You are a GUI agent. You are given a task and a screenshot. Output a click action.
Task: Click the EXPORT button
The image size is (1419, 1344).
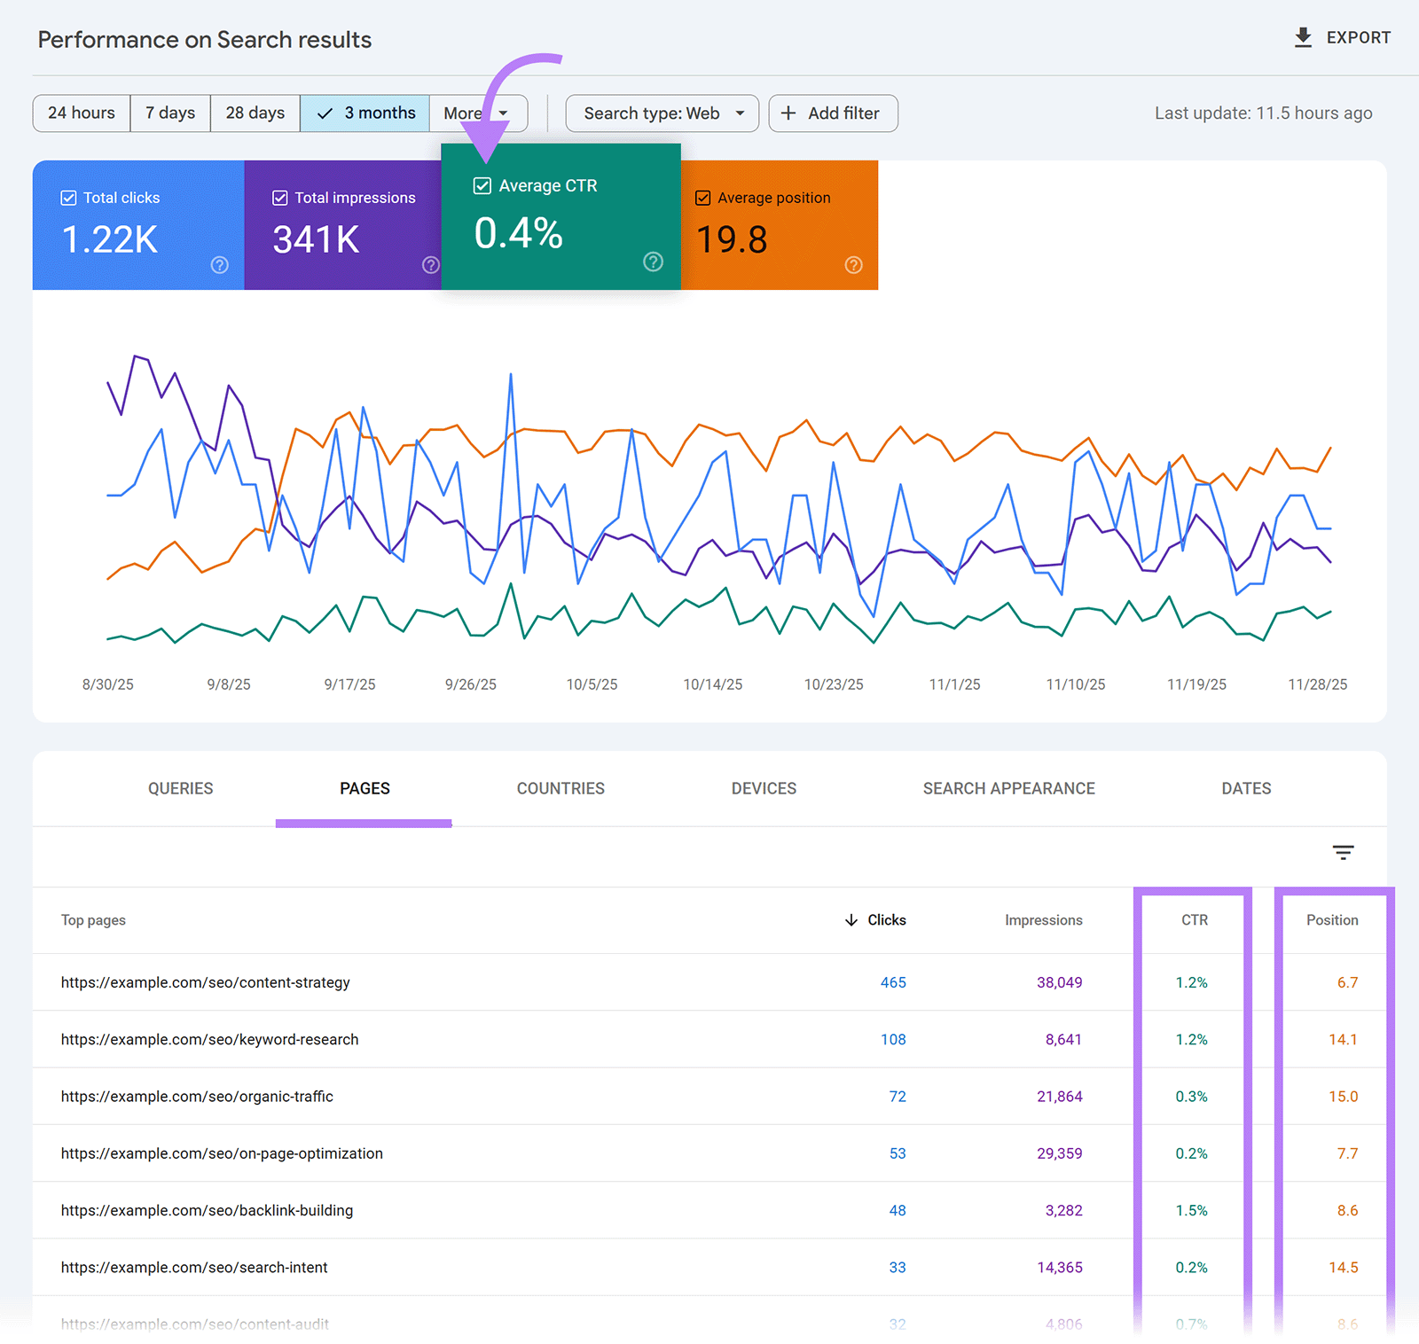(1342, 38)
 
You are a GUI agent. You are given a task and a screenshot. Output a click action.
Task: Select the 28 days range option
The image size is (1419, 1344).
(255, 113)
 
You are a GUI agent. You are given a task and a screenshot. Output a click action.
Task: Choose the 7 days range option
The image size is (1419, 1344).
(170, 113)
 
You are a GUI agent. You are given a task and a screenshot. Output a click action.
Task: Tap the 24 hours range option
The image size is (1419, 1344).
(82, 113)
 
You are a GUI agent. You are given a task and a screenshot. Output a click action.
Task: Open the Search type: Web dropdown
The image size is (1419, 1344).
(662, 113)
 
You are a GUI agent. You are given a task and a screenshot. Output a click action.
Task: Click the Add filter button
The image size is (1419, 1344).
(833, 113)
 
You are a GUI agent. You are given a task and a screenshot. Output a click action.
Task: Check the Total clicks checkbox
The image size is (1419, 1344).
(68, 198)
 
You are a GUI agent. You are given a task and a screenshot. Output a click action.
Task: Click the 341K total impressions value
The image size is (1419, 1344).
(316, 239)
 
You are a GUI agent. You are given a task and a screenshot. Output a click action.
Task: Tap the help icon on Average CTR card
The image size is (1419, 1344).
(653, 262)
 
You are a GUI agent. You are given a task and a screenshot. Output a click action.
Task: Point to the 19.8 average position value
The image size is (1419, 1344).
(732, 239)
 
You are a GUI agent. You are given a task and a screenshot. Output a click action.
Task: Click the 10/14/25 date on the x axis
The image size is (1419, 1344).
(712, 684)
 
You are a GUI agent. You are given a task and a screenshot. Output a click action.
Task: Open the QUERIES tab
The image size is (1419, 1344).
(180, 788)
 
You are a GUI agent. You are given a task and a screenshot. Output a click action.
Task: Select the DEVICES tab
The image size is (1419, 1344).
(764, 788)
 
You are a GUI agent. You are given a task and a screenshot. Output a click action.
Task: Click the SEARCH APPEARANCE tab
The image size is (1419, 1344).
(1008, 788)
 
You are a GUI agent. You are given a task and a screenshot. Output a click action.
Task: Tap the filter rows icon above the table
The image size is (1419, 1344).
(1343, 853)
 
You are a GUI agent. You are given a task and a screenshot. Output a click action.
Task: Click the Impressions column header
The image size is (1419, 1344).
(1043, 920)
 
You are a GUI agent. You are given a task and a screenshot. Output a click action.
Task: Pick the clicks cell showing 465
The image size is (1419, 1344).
(893, 982)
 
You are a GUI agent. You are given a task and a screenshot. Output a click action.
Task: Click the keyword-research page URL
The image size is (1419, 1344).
(210, 1039)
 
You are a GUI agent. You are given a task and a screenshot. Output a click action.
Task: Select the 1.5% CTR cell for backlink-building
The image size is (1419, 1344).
(1191, 1210)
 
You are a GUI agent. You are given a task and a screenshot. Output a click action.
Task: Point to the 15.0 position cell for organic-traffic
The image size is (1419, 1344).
(1343, 1097)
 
